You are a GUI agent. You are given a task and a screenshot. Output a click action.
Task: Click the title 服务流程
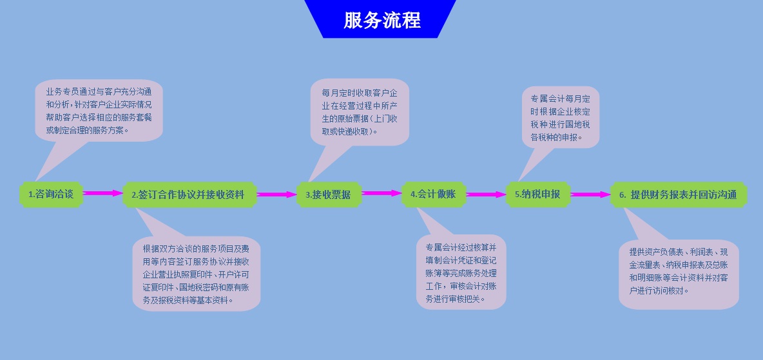click(381, 20)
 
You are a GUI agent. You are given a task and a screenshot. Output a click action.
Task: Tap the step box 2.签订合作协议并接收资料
click(189, 194)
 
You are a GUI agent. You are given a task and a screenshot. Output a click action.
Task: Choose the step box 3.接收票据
click(329, 194)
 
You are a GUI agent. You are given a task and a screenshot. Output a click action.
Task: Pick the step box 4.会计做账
click(433, 194)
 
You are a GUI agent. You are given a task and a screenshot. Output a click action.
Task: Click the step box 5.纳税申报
click(537, 194)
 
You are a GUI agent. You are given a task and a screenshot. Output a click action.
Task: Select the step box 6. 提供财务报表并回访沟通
click(678, 194)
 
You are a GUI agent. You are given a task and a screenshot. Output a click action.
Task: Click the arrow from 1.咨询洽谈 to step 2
click(102, 193)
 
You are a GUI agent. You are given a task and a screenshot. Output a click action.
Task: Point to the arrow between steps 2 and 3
click(276, 194)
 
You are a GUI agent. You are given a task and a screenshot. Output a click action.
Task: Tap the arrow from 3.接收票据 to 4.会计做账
click(381, 193)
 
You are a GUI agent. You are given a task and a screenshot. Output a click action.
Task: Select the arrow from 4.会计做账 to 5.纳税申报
click(486, 194)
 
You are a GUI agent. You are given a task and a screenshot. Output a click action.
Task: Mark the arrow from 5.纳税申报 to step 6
click(590, 194)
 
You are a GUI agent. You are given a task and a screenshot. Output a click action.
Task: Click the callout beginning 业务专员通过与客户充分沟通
click(99, 110)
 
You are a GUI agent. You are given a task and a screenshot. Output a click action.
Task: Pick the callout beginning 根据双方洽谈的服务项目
click(197, 274)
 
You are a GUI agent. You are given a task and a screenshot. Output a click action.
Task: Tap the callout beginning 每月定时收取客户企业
click(360, 112)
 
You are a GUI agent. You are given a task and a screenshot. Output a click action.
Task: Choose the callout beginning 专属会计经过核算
click(461, 272)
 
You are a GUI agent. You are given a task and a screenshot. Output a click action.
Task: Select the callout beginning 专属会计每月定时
click(560, 118)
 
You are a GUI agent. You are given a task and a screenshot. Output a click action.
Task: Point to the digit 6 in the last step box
click(622, 195)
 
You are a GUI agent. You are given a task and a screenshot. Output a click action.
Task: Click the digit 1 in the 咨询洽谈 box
click(30, 194)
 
